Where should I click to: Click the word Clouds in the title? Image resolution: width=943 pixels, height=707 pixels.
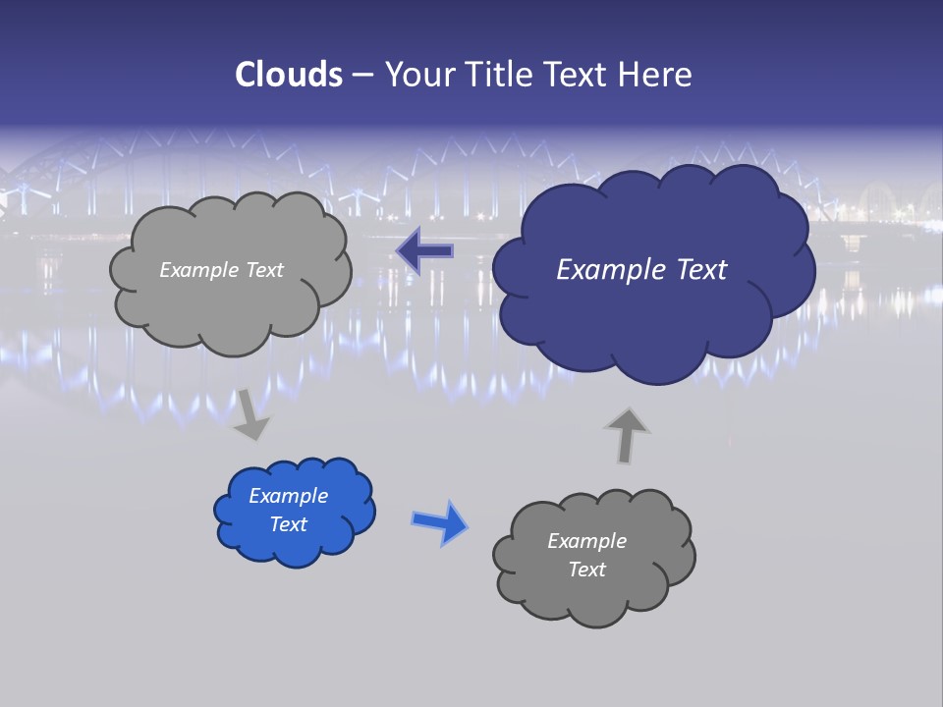[x=289, y=75]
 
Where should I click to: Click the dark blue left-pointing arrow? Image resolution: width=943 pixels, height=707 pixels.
[x=424, y=251]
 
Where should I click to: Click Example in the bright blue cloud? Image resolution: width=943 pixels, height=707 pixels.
[x=288, y=496]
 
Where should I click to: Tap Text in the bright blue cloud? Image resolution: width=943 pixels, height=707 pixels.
[x=288, y=524]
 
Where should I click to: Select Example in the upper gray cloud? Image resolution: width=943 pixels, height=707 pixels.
[x=199, y=270]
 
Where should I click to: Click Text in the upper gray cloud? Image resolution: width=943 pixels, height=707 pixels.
[x=263, y=270]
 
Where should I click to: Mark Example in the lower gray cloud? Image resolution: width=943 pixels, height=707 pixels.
[x=586, y=541]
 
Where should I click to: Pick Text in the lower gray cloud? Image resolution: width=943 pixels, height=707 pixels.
[x=586, y=570]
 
